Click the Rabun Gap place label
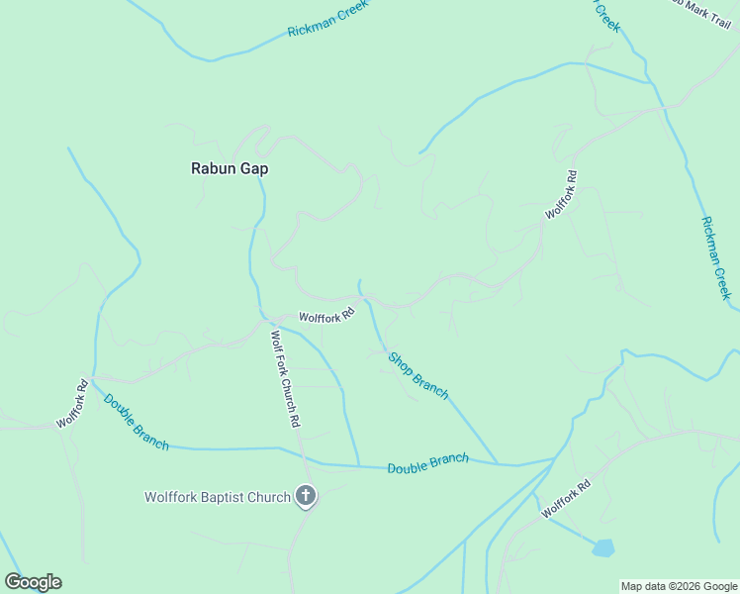pyautogui.click(x=230, y=168)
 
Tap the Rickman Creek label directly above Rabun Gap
pyautogui.click(x=327, y=19)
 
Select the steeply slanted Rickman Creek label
pyautogui.click(x=715, y=257)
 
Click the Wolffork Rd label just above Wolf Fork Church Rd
pyautogui.click(x=326, y=318)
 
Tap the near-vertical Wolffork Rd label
pyautogui.click(x=560, y=195)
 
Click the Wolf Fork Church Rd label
pyautogui.click(x=285, y=378)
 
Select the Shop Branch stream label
pyautogui.click(x=417, y=376)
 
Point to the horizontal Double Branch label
pyautogui.click(x=427, y=463)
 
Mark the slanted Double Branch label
pyautogui.click(x=136, y=423)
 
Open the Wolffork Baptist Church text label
pyautogui.click(x=218, y=497)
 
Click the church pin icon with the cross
pyautogui.click(x=307, y=496)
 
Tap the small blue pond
pyautogui.click(x=602, y=547)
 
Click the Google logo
pyautogui.click(x=34, y=582)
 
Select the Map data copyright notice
pyautogui.click(x=679, y=586)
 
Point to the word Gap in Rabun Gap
pyautogui.click(x=253, y=168)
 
